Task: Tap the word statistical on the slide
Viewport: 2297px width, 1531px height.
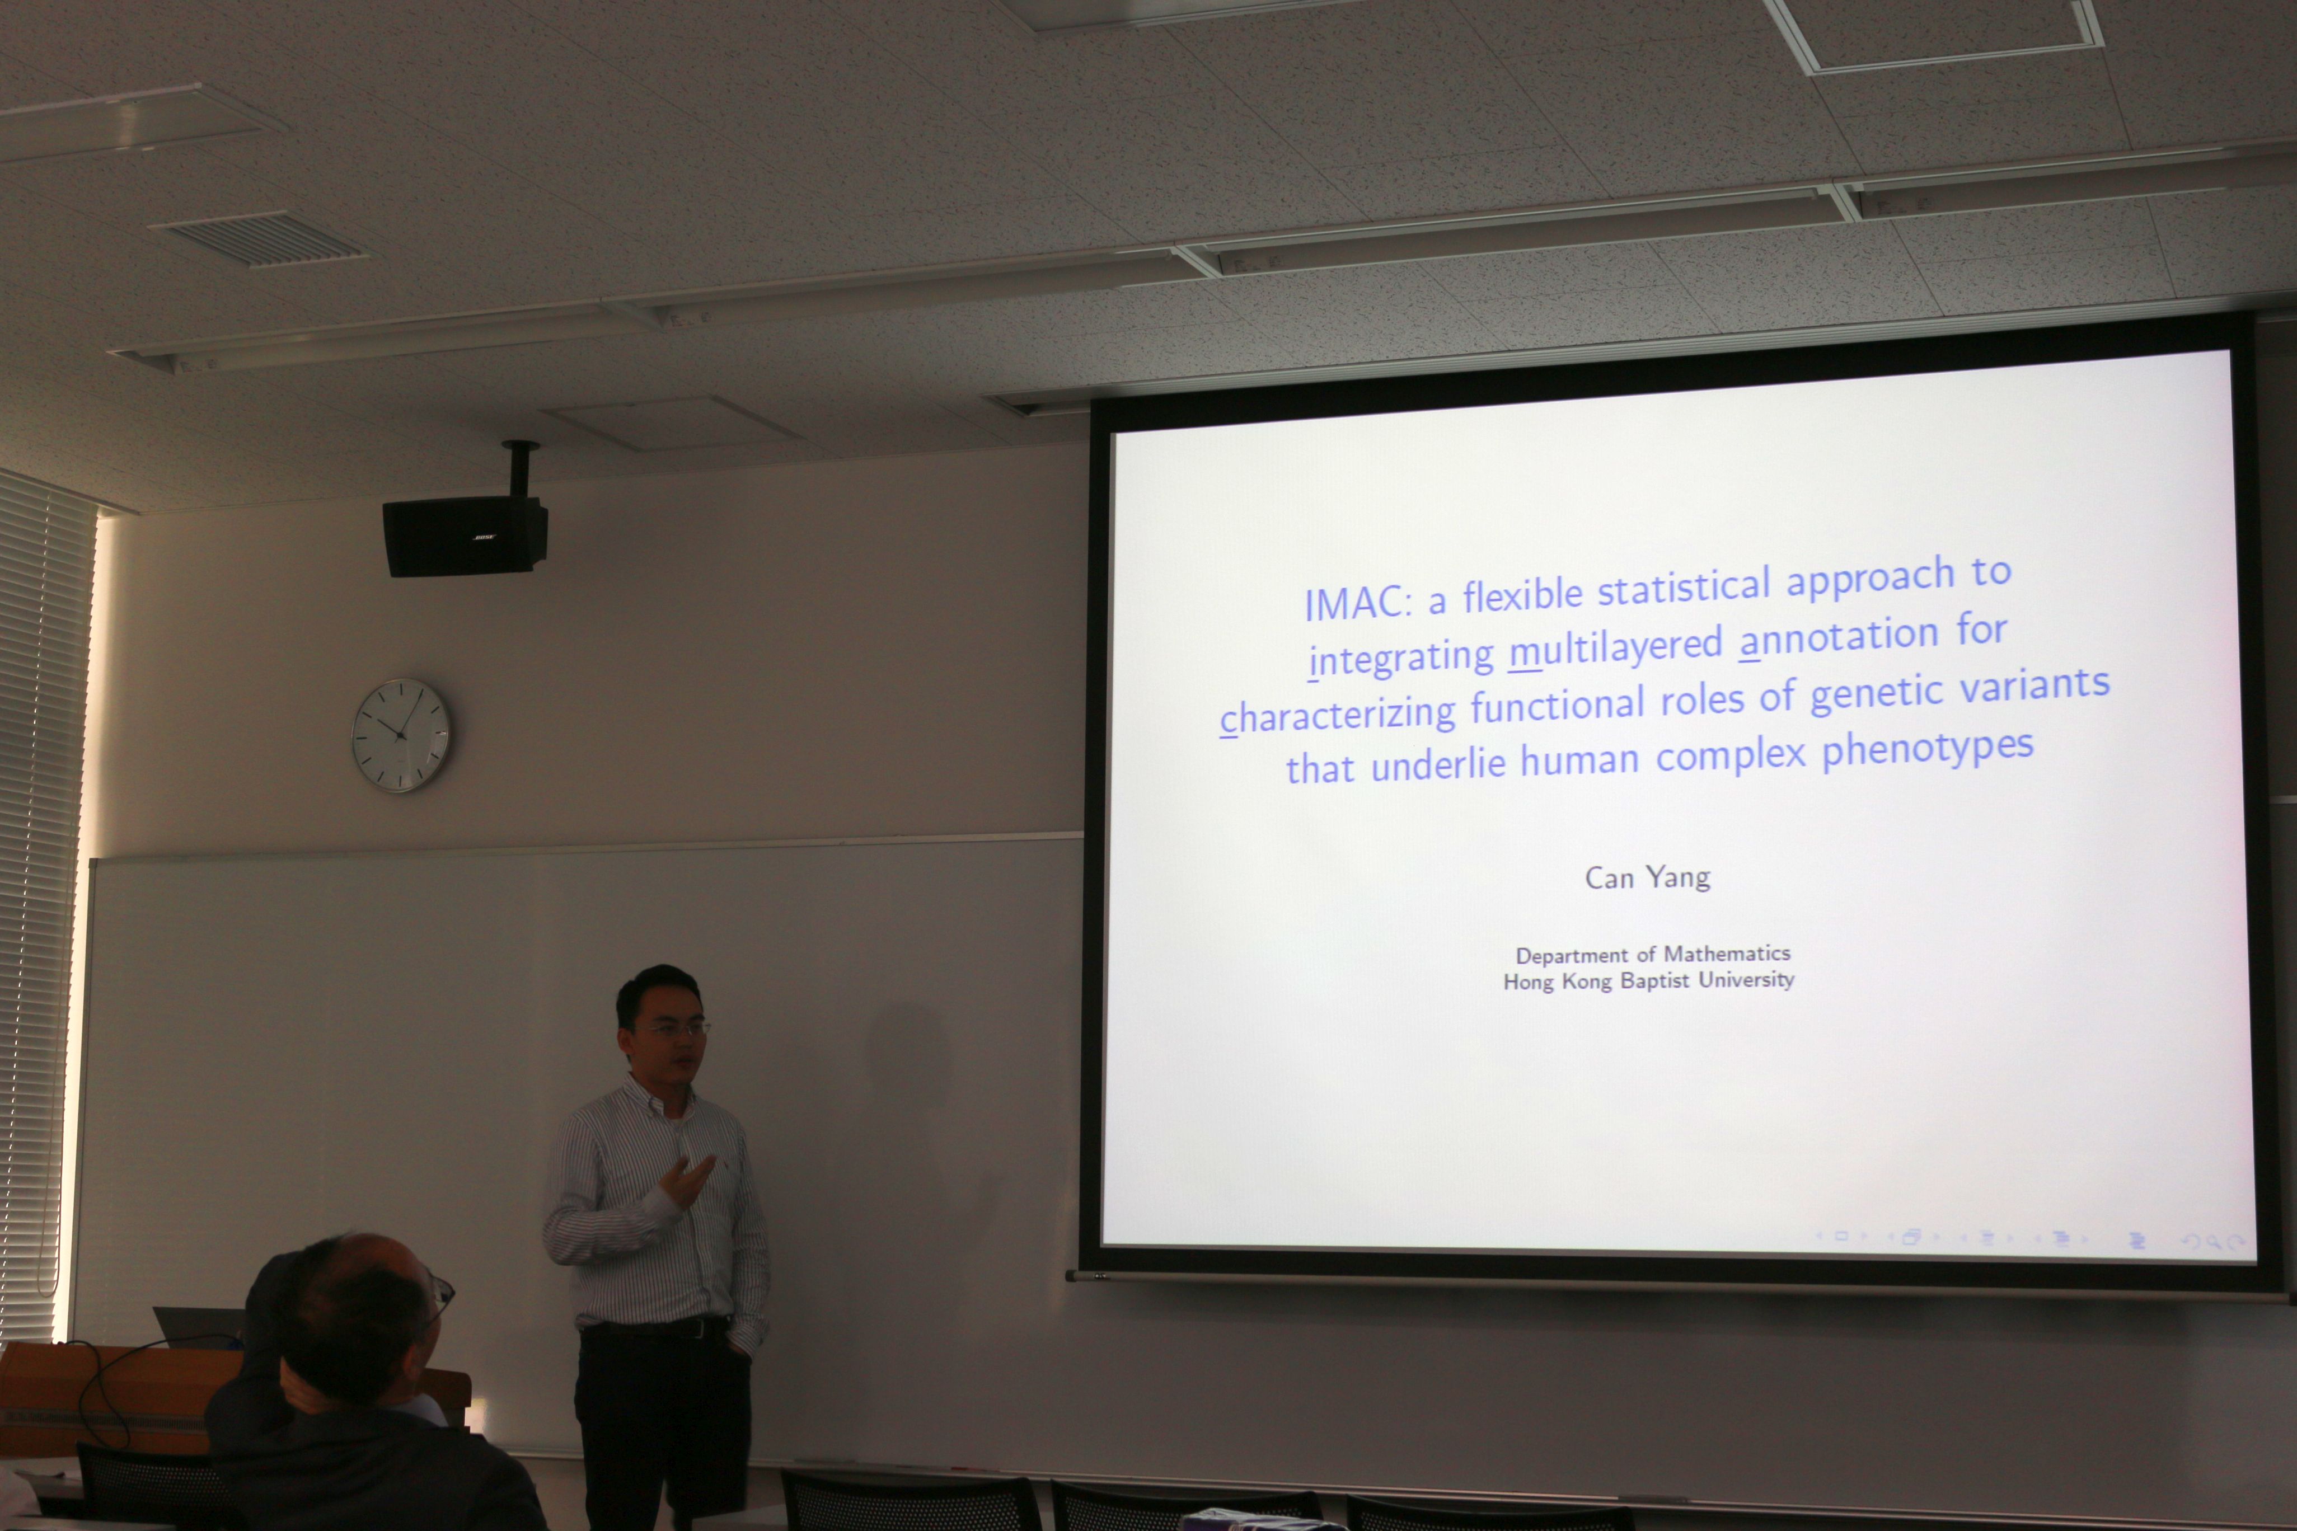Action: click(x=1682, y=588)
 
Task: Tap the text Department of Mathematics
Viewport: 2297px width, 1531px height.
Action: click(x=1652, y=954)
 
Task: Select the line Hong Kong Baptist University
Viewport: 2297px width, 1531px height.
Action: click(x=1648, y=980)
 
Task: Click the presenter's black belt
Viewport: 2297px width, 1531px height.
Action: click(x=654, y=1328)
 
